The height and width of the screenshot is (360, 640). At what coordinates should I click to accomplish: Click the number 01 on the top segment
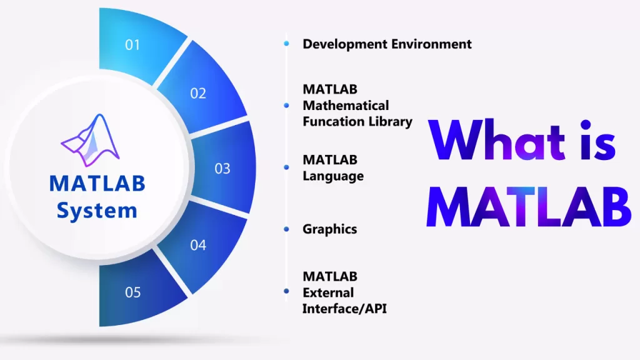pos(132,45)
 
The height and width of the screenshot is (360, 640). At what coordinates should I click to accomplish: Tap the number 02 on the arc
pos(198,94)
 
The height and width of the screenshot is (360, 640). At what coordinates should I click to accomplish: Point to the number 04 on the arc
pos(198,245)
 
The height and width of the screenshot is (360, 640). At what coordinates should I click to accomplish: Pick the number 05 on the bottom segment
pos(132,292)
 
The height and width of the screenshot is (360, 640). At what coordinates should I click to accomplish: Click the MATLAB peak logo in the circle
pos(90,140)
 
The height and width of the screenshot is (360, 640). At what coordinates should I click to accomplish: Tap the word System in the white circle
pos(97,211)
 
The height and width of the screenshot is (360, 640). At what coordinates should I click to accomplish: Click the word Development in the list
pos(344,44)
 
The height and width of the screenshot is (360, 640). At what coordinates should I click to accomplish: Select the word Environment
pos(431,44)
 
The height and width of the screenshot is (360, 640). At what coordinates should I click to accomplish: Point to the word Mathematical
pos(346,105)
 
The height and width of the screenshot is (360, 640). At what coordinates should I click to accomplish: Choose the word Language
pos(333,176)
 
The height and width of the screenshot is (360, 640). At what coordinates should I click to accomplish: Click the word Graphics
pos(330,229)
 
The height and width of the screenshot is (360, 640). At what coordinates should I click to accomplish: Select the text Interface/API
pos(344,309)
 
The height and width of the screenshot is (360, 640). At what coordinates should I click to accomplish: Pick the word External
pos(328,292)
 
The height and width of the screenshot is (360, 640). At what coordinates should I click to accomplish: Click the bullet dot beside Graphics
pos(286,229)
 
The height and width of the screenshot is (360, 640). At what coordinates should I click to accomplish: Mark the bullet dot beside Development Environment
pos(286,43)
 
